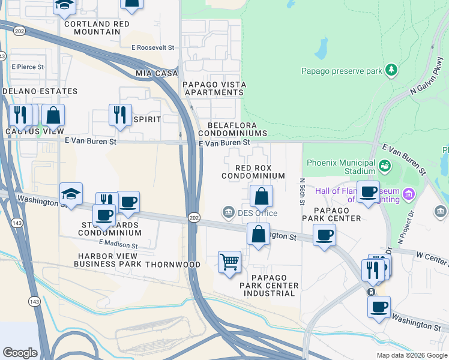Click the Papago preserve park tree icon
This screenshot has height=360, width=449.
click(x=391, y=70)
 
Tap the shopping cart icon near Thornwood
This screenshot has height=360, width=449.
click(x=229, y=262)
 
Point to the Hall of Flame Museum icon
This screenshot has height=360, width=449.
click(x=409, y=193)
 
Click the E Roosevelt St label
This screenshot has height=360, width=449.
click(x=152, y=47)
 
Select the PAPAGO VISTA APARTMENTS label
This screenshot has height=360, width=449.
click(x=213, y=88)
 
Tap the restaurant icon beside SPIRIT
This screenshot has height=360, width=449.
click(x=120, y=114)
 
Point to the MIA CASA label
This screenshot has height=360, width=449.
click(x=157, y=73)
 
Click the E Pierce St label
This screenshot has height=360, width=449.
click(x=27, y=67)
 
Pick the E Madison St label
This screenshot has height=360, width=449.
click(x=118, y=244)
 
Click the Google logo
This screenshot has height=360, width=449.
click(x=20, y=352)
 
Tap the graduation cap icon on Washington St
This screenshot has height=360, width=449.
click(x=71, y=194)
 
